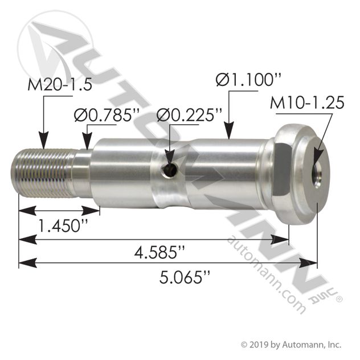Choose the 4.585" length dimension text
click(163, 251)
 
